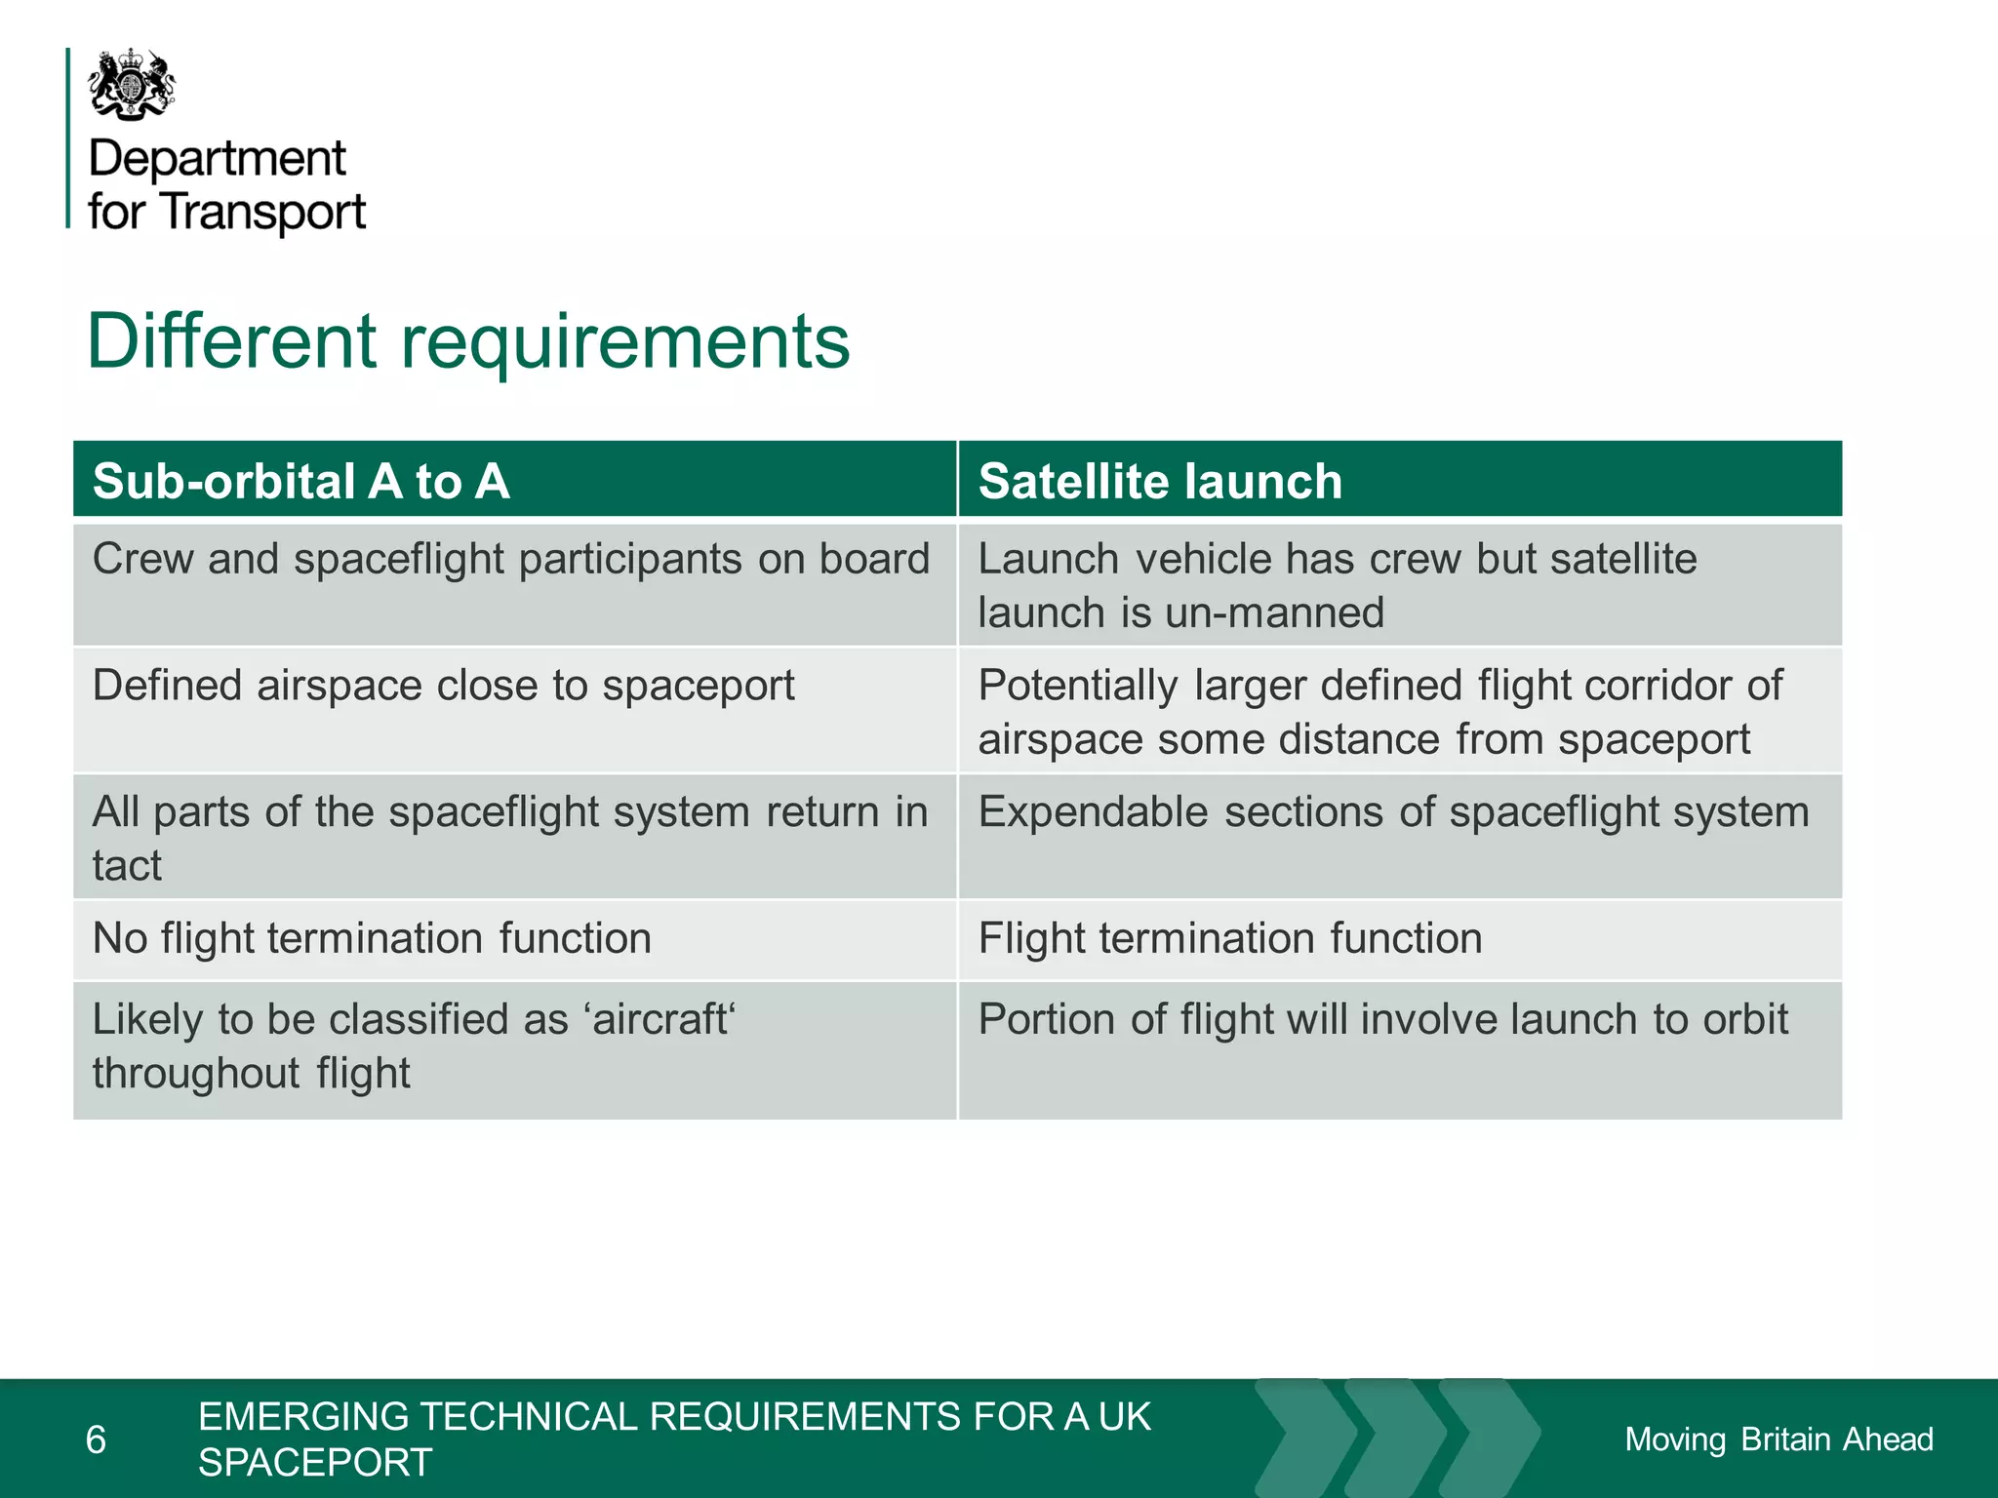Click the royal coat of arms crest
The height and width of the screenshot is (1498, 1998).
[132, 85]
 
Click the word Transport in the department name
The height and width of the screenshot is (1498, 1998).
[263, 212]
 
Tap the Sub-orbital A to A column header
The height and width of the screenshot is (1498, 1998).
[300, 481]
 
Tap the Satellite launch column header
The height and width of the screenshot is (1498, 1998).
[1160, 481]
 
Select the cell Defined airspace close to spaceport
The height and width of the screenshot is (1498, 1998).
[443, 686]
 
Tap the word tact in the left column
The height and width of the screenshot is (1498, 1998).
[127, 866]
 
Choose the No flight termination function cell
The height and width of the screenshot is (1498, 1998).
[372, 939]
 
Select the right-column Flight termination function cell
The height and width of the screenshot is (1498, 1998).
[1229, 939]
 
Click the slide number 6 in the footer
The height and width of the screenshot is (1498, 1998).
[96, 1439]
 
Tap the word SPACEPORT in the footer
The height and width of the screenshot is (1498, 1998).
[315, 1463]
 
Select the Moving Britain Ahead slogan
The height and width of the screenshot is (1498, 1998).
[1778, 1439]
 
